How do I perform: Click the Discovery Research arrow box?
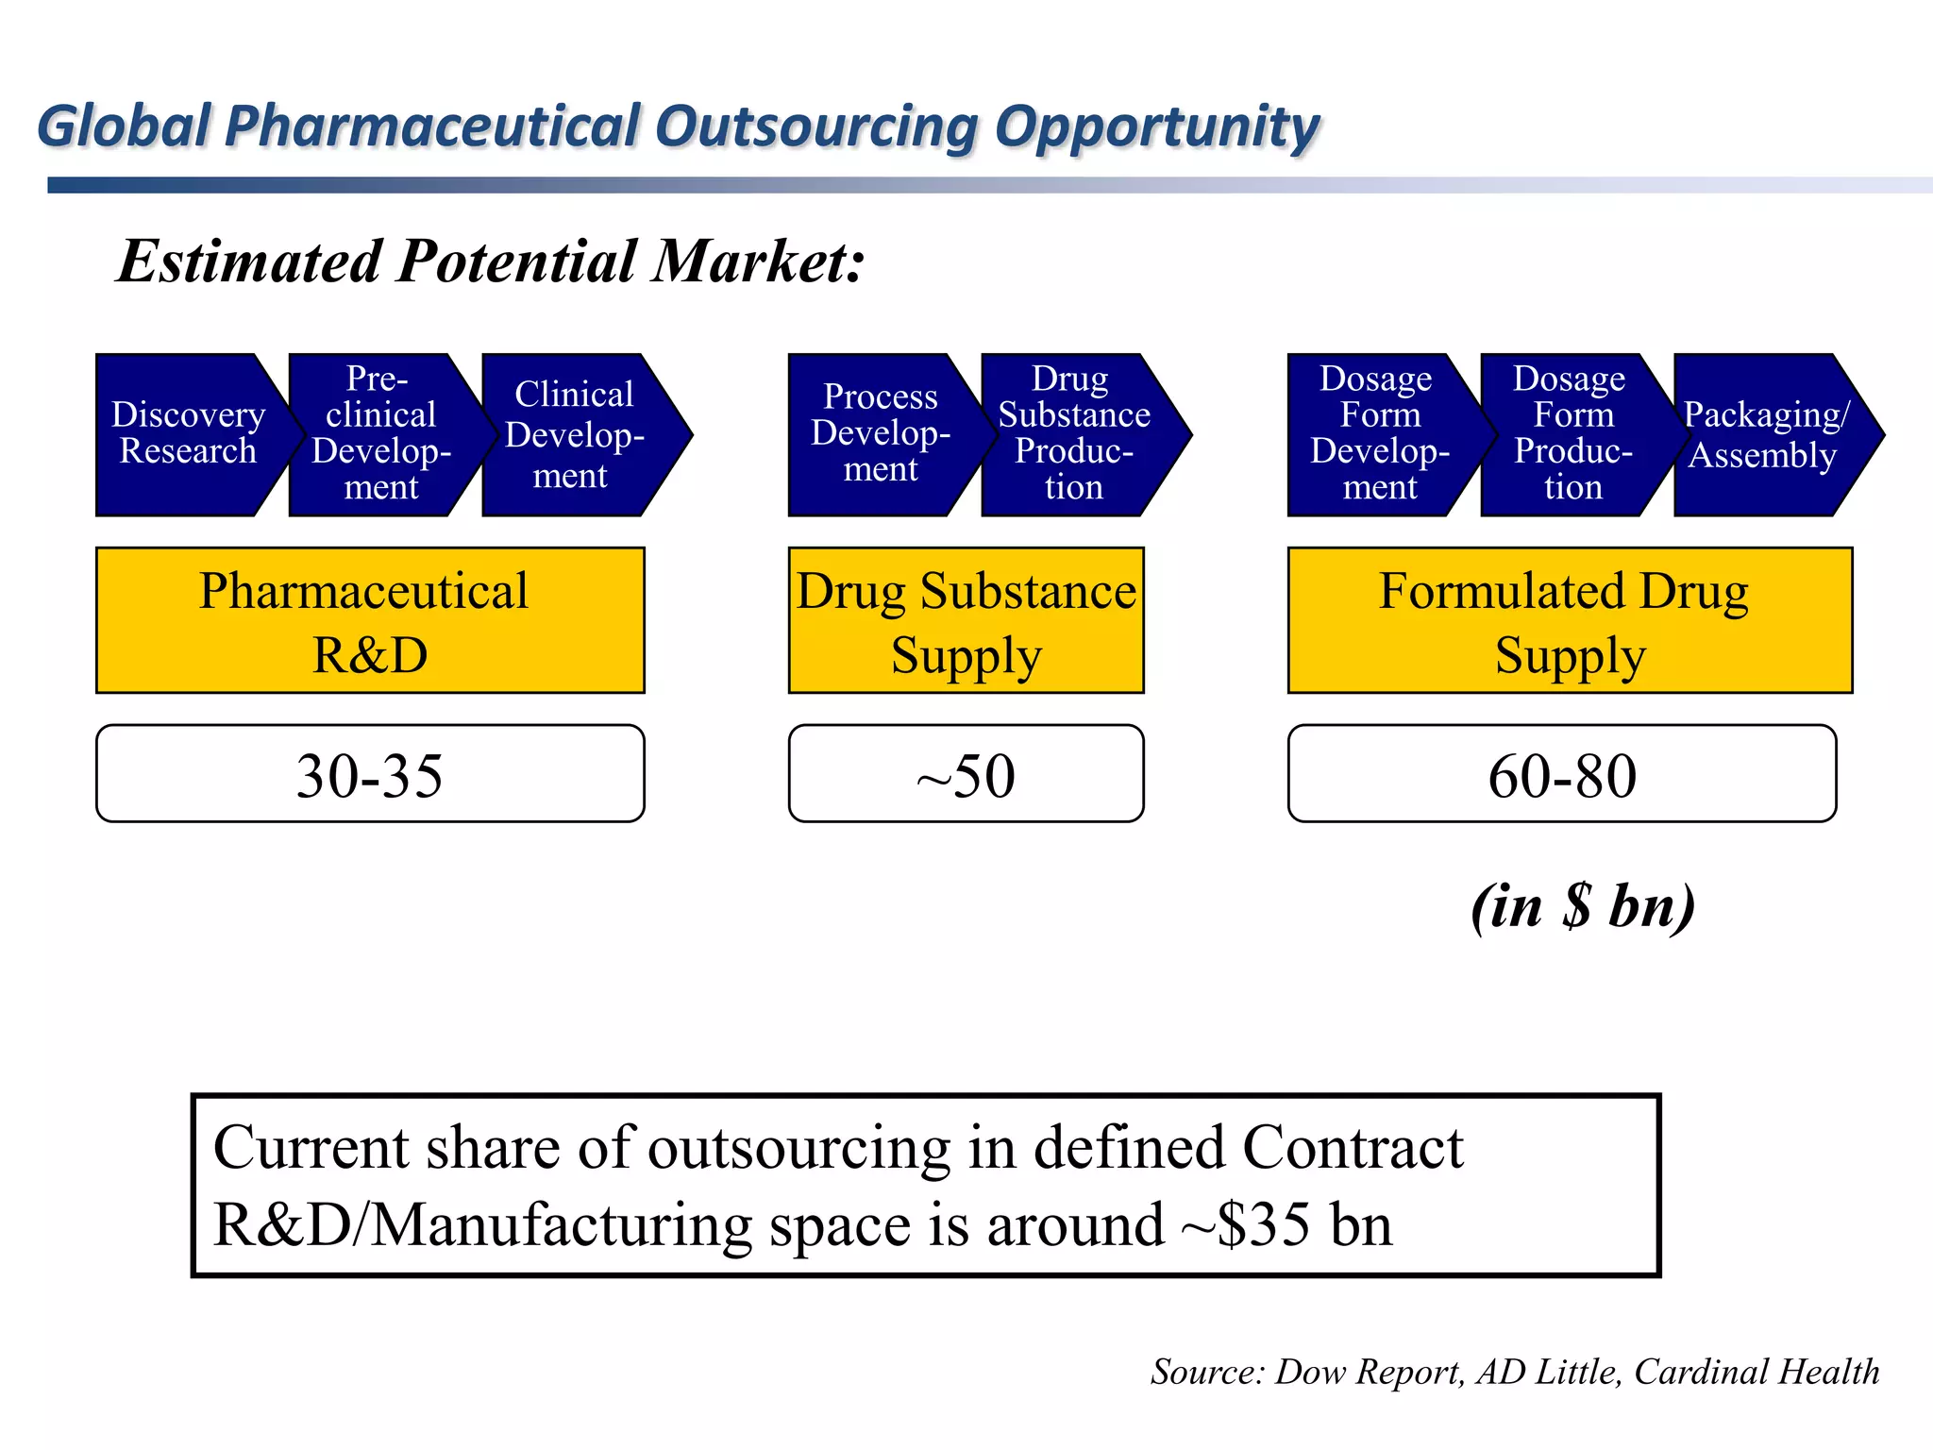(x=187, y=434)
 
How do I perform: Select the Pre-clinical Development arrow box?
(x=380, y=434)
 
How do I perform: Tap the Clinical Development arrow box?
(x=574, y=434)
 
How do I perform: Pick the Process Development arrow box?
(x=880, y=434)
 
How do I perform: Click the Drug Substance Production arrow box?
(x=1074, y=434)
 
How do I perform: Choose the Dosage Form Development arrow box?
(x=1379, y=434)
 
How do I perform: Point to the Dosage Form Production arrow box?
(x=1572, y=434)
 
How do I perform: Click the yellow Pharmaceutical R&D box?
(x=370, y=620)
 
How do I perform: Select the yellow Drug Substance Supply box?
(x=966, y=620)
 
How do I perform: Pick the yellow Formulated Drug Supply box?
(x=1569, y=620)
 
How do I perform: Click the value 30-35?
(x=370, y=775)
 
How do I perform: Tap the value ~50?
(x=966, y=775)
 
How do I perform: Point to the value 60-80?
(x=1562, y=775)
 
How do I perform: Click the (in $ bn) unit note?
(x=1583, y=905)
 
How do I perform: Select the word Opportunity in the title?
(x=1156, y=127)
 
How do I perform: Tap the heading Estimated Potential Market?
(x=491, y=261)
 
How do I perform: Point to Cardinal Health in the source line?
(x=1756, y=1371)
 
